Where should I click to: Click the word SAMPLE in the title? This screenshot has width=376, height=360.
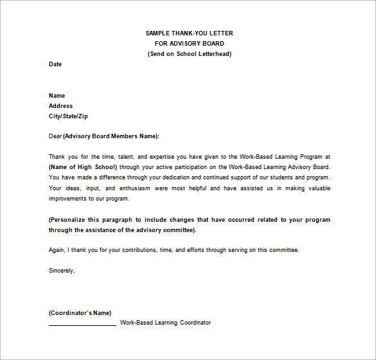click(157, 33)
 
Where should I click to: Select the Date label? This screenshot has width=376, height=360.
click(55, 64)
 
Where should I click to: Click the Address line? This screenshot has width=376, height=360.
click(60, 106)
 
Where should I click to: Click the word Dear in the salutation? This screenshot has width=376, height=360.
click(55, 136)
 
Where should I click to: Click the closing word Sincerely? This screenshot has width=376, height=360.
click(62, 271)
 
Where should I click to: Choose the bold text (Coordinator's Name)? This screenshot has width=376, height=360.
click(80, 313)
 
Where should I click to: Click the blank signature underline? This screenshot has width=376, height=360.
click(82, 324)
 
